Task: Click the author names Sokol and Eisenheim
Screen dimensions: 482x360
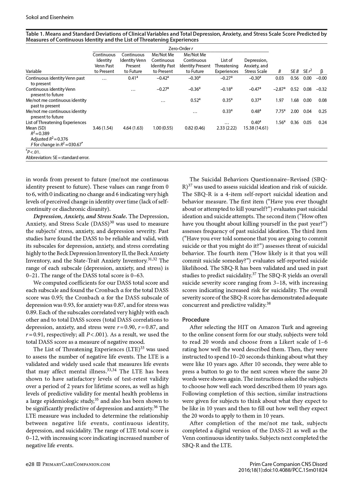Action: tap(50, 17)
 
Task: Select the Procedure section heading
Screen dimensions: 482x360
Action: tap(196, 319)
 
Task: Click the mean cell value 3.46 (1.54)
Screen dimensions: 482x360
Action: tap(104, 128)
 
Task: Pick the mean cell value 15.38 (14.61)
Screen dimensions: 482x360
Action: tap(255, 128)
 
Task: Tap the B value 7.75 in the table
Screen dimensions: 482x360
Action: tap(279, 111)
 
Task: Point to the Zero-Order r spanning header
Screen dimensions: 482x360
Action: tap(180, 49)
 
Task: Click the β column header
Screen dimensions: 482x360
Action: tap(321, 71)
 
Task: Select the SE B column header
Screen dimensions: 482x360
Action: tap(295, 71)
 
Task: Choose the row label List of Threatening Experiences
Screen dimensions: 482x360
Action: tap(56, 123)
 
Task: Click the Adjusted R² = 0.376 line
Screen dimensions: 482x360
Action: tap(49, 139)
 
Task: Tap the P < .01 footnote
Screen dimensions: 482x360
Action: tap(33, 152)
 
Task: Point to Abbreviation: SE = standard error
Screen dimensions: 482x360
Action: tap(58, 158)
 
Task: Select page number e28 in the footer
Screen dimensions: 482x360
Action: tap(30, 464)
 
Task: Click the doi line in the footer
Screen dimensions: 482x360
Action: tap(283, 470)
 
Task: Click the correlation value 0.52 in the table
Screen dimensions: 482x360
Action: tap(195, 100)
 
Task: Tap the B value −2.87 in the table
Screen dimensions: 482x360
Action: tap(279, 89)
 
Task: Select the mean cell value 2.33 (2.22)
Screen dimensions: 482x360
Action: tap(226, 128)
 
